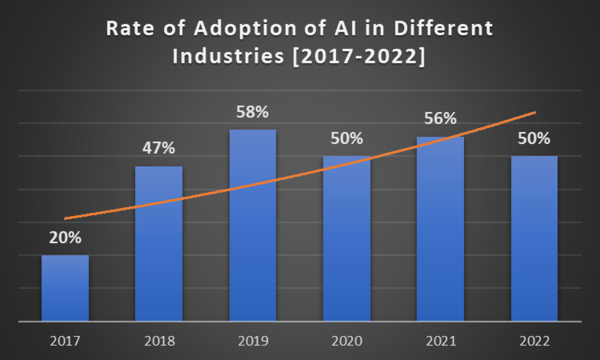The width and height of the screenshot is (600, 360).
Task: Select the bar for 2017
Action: click(x=65, y=288)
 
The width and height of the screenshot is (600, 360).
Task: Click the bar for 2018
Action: click(x=159, y=244)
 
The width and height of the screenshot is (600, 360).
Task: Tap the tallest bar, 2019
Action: click(x=253, y=225)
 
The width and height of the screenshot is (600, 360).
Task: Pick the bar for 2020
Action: click(x=346, y=239)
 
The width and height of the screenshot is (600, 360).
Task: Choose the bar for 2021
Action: click(x=440, y=229)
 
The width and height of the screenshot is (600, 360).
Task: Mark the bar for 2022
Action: click(x=534, y=239)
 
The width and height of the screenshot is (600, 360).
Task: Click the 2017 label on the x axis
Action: click(x=65, y=341)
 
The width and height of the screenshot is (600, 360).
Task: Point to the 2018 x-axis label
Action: click(x=159, y=341)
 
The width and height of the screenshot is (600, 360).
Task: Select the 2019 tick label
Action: click(x=253, y=341)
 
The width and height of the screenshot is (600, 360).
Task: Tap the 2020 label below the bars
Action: click(x=346, y=341)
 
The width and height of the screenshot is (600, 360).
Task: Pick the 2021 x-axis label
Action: click(x=440, y=341)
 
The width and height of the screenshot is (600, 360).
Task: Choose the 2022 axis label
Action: click(x=534, y=341)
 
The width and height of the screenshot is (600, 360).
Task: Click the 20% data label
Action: click(x=65, y=238)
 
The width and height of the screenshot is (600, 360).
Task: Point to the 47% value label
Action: click(x=159, y=149)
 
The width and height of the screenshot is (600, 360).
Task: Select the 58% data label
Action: click(x=253, y=112)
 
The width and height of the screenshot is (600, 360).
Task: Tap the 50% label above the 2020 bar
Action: click(x=346, y=139)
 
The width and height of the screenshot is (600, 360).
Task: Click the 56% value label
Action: click(x=440, y=119)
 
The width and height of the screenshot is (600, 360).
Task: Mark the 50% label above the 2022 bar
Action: click(x=534, y=139)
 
